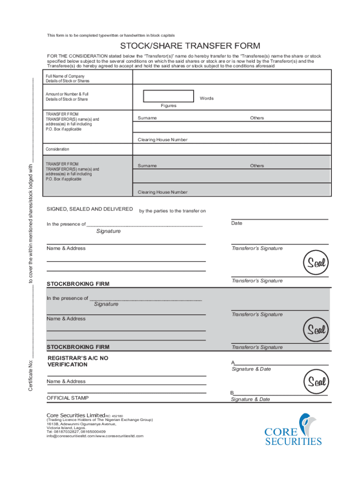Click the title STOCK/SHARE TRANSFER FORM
pos(190,46)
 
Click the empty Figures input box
pos(168,96)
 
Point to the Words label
pos(206,98)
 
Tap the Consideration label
pos(58,149)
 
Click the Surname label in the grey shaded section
pos(147,166)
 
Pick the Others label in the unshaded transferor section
pos(257,118)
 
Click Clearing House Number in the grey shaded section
pos(162,192)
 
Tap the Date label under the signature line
pos(237,223)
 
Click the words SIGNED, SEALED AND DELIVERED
pos(90,209)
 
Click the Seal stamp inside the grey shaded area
pos(316,330)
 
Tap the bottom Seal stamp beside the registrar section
pos(316,383)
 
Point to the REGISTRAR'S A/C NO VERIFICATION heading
pos(78,361)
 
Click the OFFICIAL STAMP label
pos(67,398)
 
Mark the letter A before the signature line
pos(233,363)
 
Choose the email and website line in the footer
pos(95,436)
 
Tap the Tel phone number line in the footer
pos(76,432)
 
